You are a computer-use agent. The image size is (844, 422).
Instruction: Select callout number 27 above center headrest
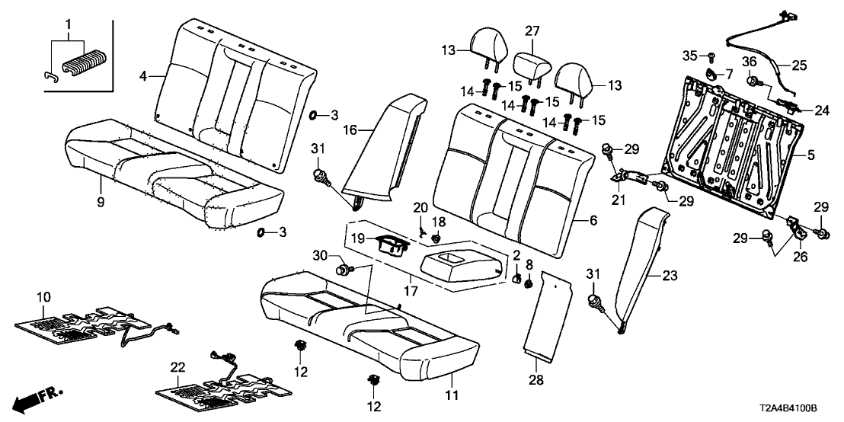532,30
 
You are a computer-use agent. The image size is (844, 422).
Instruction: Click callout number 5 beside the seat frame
810,154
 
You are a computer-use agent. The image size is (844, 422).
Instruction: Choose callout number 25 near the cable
809,66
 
